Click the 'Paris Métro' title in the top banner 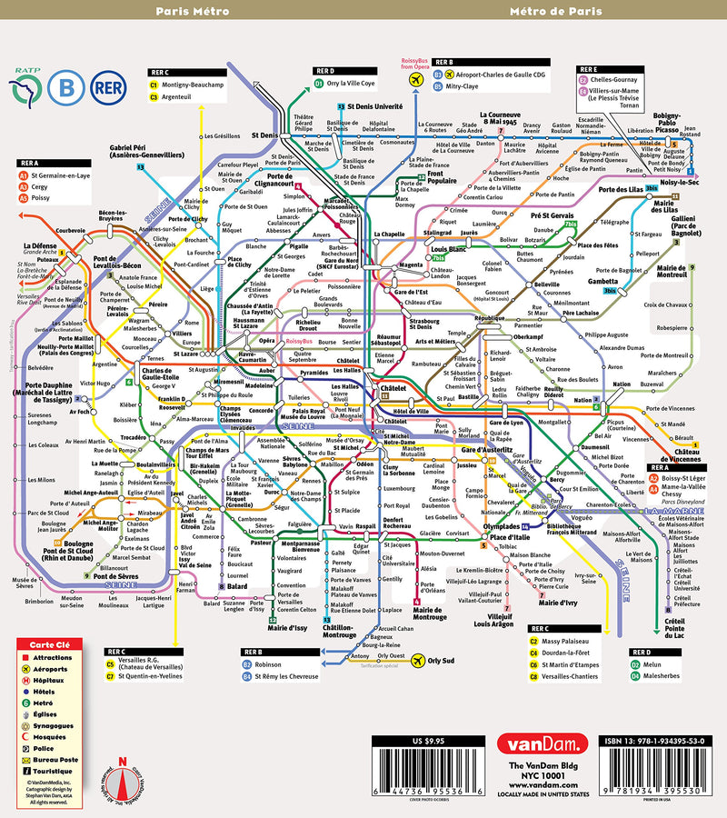click(192, 12)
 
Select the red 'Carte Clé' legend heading click(48, 643)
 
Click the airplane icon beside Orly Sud click(420, 660)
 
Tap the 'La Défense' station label click(39, 245)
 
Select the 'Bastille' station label click(468, 396)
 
